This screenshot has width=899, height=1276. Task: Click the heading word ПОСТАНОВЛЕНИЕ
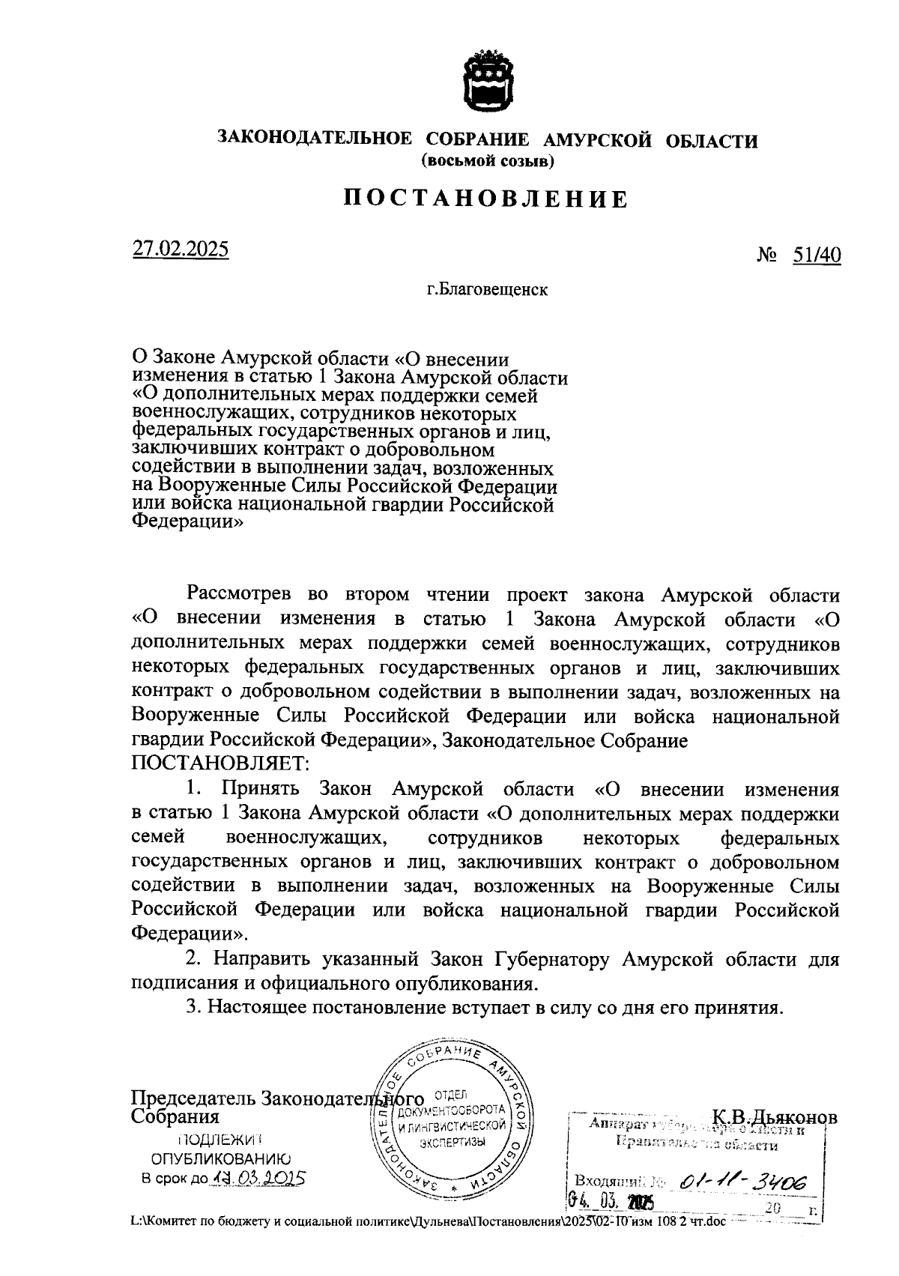click(x=485, y=199)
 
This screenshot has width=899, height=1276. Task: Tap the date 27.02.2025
click(x=181, y=249)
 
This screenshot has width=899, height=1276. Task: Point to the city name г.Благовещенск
click(x=487, y=289)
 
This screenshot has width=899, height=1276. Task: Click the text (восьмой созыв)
click(x=487, y=160)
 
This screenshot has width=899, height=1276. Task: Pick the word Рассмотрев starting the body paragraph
click(x=240, y=595)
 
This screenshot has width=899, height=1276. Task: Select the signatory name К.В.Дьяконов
click(x=775, y=1116)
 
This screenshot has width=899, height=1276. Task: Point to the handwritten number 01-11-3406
click(x=742, y=1182)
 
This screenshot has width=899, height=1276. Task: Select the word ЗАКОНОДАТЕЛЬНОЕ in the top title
click(x=314, y=139)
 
